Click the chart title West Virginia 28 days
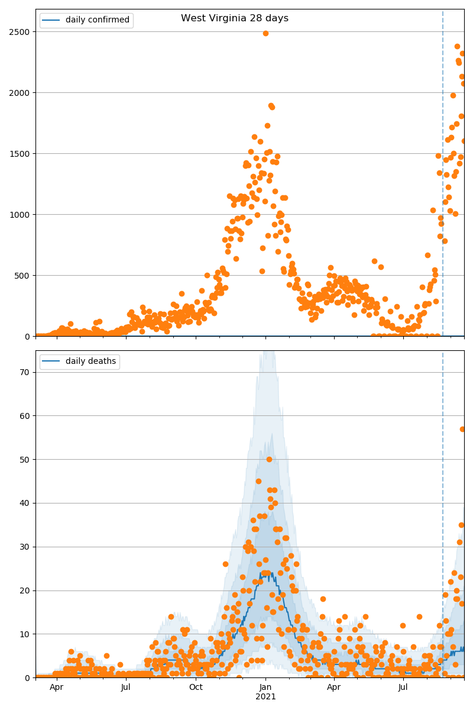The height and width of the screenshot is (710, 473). (235, 18)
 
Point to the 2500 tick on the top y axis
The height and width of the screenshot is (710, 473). (20, 31)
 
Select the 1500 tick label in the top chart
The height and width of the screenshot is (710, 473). (20, 154)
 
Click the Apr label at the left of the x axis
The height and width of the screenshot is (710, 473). (56, 687)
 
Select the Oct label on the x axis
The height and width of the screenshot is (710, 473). (196, 687)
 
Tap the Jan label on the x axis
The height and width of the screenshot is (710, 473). (265, 687)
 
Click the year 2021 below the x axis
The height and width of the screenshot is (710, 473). (265, 696)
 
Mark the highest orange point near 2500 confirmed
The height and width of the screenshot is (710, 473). (265, 33)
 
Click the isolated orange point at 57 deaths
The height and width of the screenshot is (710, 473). (463, 429)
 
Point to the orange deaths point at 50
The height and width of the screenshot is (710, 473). (269, 459)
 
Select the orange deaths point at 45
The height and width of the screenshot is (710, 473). (258, 481)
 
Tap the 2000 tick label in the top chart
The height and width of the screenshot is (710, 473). (20, 93)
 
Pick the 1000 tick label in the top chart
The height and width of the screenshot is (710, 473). (20, 215)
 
